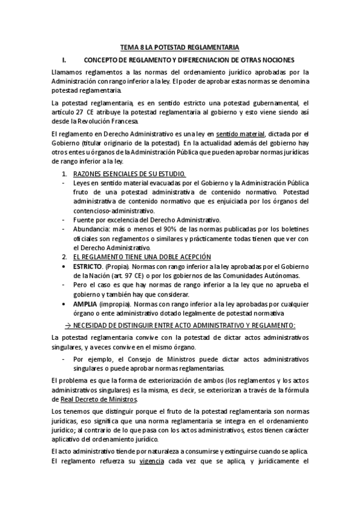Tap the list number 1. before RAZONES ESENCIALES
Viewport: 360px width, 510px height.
tap(65, 174)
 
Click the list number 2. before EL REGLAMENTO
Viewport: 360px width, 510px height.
tap(65, 257)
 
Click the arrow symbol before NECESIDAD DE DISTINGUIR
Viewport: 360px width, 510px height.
tap(68, 325)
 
